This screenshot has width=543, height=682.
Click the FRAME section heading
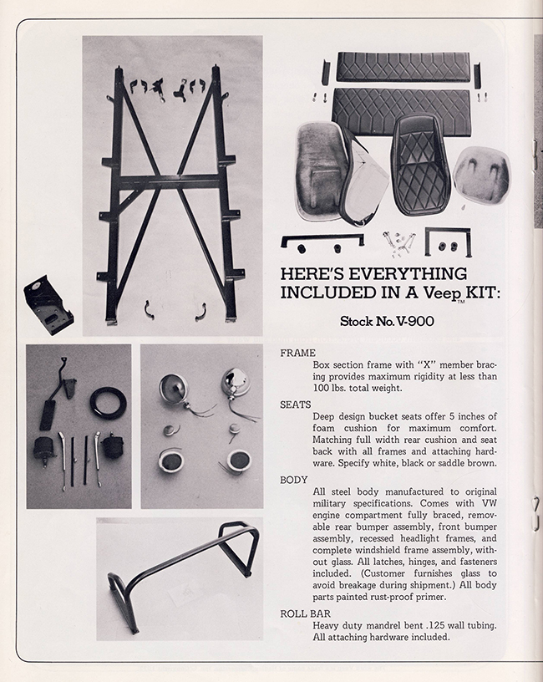298,354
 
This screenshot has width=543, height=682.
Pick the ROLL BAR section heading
306,613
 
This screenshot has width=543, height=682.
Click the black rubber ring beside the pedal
108,401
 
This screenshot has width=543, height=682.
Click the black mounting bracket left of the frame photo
48,305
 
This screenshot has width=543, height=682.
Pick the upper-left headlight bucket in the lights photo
171,384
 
